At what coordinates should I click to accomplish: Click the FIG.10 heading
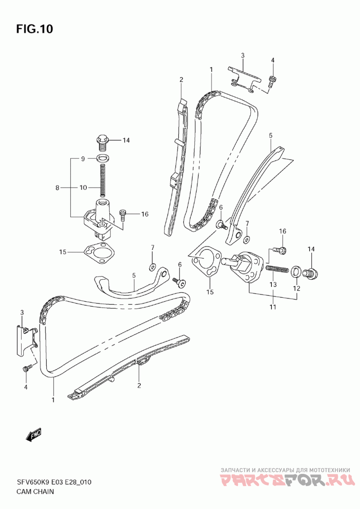[35, 29]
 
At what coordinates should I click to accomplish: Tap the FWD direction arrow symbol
[34, 435]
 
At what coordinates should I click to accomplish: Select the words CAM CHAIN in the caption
[35, 491]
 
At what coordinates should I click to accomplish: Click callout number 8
[57, 188]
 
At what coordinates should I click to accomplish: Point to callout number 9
[83, 159]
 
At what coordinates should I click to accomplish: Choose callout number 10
[83, 188]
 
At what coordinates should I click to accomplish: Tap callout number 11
[273, 307]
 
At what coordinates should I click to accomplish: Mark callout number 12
[296, 288]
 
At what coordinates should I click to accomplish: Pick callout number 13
[273, 285]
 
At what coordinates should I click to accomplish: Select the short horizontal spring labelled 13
[277, 269]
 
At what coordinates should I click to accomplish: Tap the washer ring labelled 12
[295, 272]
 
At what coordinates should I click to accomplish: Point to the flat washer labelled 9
[103, 159]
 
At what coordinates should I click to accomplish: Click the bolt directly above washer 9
[103, 143]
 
